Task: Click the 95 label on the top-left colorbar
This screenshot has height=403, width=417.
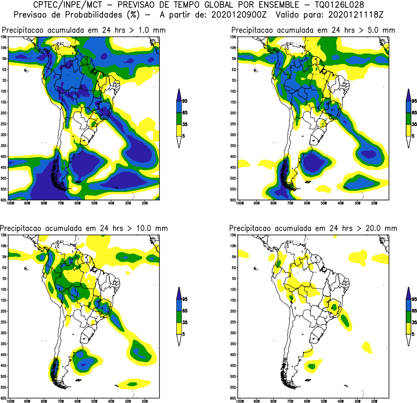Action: [185, 101]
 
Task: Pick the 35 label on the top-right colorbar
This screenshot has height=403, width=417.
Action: [414, 124]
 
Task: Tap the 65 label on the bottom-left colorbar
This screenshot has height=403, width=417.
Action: [185, 311]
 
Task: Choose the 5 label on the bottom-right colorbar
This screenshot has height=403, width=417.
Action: [413, 334]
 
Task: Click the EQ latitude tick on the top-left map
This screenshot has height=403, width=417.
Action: [5, 69]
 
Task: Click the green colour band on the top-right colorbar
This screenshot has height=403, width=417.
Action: [408, 119]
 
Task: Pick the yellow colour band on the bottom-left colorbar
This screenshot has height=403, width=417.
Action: [179, 328]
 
